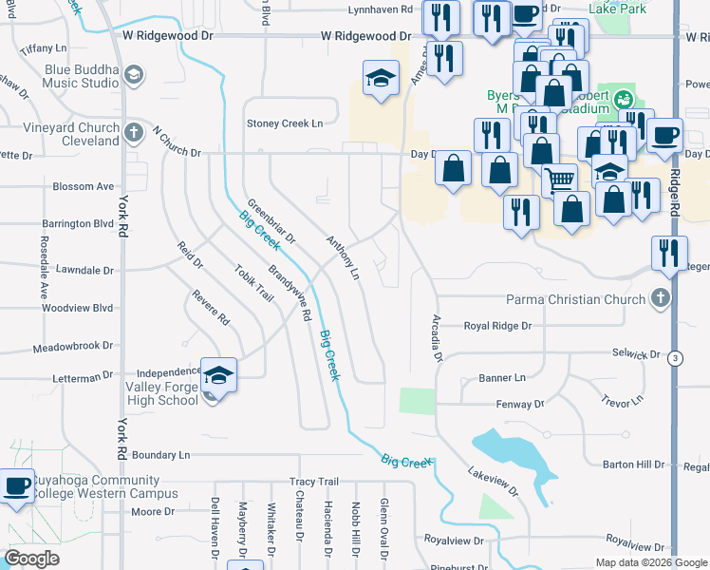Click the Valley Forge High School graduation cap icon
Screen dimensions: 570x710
pos(218,375)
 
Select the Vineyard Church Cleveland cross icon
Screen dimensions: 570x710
pos(135,131)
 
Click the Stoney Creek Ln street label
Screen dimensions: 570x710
pos(285,123)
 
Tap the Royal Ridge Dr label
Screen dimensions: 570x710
pos(497,326)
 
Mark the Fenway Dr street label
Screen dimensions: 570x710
pos(519,404)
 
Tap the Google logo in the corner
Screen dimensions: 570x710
pos(32,559)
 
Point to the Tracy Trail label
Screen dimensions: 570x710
pos(314,482)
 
